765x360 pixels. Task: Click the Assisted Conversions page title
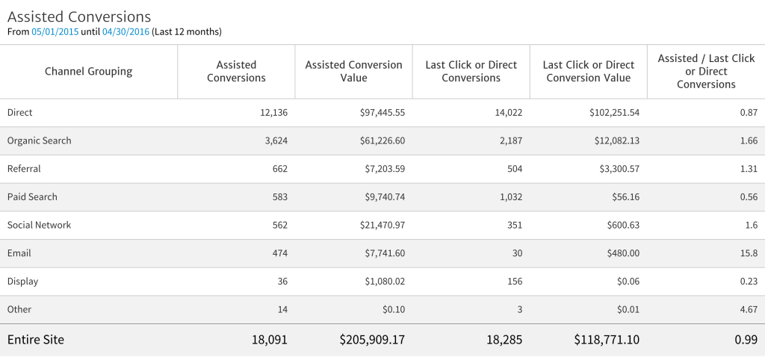[x=79, y=16]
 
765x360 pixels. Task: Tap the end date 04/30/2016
[x=126, y=32]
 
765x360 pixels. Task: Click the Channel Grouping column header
[x=88, y=72]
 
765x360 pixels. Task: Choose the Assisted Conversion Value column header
[x=353, y=72]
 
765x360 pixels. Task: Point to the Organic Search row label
[x=40, y=140]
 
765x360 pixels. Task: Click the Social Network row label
[x=40, y=225]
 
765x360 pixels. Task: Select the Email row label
[x=19, y=253]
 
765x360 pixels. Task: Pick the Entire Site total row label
[x=36, y=340]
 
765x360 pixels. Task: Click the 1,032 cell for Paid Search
[x=507, y=197]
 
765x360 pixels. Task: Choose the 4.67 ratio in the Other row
[x=748, y=309]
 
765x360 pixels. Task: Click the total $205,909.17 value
[x=372, y=340]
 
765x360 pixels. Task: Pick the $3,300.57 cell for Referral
[x=614, y=169]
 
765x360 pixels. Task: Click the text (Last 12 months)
[x=187, y=32]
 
